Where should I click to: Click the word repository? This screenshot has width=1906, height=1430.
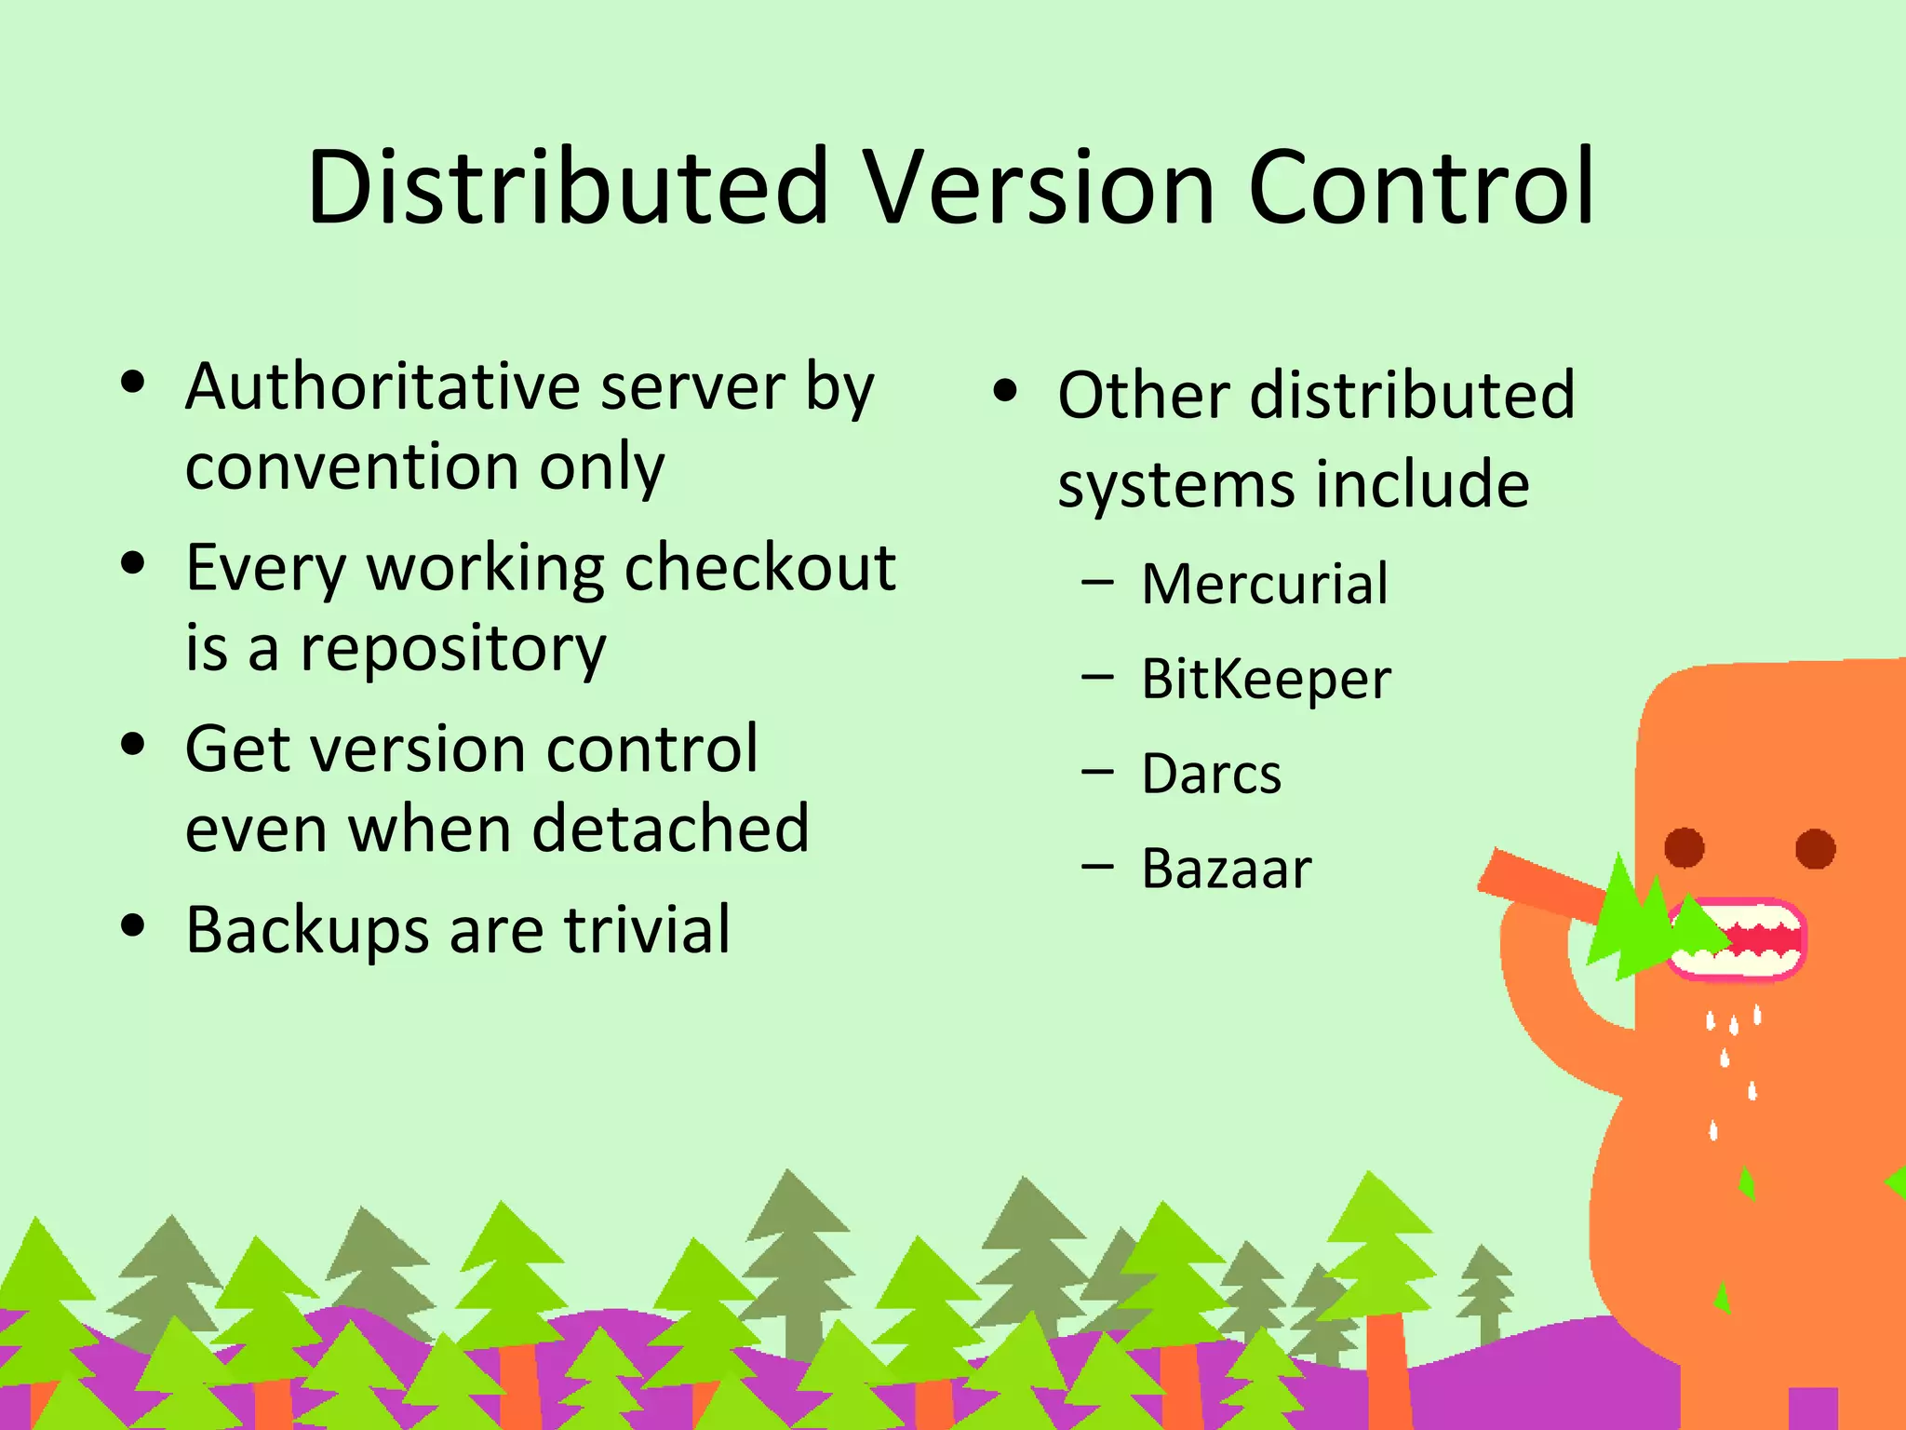tap(452, 648)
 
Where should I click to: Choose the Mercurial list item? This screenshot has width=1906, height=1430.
tap(1264, 584)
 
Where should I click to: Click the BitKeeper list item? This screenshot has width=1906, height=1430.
tap(1266, 679)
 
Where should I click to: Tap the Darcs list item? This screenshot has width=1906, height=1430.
tap(1211, 774)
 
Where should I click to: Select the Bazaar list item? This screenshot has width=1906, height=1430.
tap(1226, 869)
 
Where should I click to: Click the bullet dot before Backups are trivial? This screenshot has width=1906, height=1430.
tap(134, 925)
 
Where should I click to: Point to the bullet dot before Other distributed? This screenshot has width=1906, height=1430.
tap(1005, 391)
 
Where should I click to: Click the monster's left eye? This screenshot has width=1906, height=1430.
tap(1685, 848)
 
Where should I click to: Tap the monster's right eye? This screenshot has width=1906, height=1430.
tap(1815, 848)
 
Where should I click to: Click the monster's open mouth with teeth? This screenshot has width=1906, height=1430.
tap(1740, 938)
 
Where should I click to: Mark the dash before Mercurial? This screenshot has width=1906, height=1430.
tap(1098, 584)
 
